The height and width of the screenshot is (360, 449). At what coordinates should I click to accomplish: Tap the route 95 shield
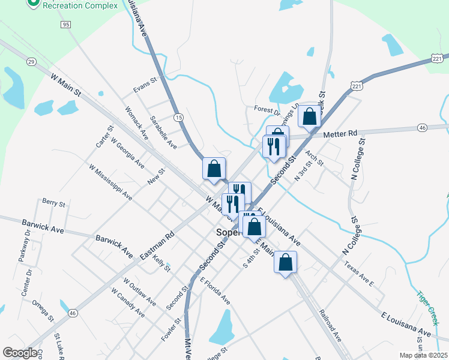(x=65, y=25)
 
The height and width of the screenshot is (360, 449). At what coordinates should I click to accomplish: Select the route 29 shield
(x=31, y=61)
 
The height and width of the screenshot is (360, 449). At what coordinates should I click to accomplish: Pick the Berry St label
(x=53, y=204)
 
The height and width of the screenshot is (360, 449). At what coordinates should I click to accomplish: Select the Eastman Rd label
(x=157, y=244)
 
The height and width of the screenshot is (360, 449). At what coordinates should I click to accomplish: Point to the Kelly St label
(x=162, y=263)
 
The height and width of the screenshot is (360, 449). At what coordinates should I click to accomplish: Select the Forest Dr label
(x=267, y=110)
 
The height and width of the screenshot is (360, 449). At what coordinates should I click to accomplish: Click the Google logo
(x=20, y=353)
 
